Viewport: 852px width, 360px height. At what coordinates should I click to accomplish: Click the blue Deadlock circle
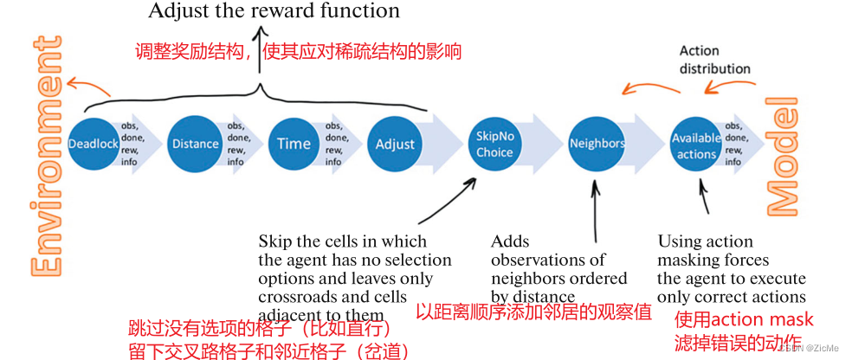pyautogui.click(x=94, y=144)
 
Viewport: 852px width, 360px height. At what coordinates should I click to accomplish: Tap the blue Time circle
pyautogui.click(x=294, y=144)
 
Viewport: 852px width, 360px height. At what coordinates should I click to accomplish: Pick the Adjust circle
pyautogui.click(x=395, y=144)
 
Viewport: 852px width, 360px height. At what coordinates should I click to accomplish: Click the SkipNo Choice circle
pyautogui.click(x=494, y=144)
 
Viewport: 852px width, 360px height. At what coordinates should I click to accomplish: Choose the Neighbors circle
pyautogui.click(x=597, y=144)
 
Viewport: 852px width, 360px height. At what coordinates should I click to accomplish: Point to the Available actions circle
pyautogui.click(x=697, y=144)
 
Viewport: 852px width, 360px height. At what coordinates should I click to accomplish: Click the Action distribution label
pyautogui.click(x=714, y=60)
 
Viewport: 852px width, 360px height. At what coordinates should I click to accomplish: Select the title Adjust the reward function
pyautogui.click(x=274, y=11)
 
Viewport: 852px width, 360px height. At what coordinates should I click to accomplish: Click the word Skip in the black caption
pyautogui.click(x=274, y=241)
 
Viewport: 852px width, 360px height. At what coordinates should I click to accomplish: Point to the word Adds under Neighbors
pyautogui.click(x=510, y=241)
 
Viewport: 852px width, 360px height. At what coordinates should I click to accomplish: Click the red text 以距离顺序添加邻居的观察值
pyautogui.click(x=533, y=312)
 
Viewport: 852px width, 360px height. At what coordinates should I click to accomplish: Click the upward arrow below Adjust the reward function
pyautogui.click(x=261, y=52)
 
